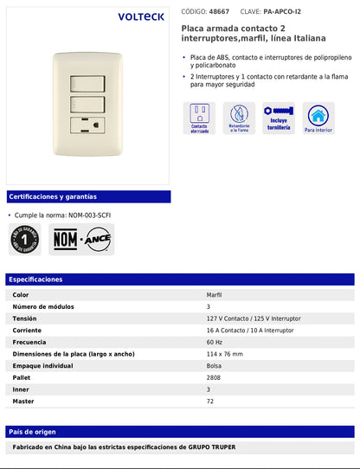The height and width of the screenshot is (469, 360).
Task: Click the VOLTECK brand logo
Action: click(141, 16)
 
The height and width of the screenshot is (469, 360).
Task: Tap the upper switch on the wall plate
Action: click(85, 84)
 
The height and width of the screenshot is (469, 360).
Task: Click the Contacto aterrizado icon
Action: click(199, 118)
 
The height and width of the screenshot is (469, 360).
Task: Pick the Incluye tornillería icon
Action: click(279, 118)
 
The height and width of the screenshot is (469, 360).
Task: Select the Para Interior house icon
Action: click(319, 118)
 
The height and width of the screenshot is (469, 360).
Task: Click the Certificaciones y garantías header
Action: click(52, 196)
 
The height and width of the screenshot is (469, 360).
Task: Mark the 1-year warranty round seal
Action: click(25, 239)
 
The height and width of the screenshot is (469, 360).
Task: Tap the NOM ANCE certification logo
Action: click(82, 239)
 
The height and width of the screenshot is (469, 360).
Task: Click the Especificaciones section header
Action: click(35, 279)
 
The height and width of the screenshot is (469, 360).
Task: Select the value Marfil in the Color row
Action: click(214, 295)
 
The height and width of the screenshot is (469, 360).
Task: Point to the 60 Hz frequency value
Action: click(214, 342)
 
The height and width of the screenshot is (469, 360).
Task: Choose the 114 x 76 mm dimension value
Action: click(225, 354)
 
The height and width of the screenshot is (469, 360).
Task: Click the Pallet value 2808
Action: click(215, 377)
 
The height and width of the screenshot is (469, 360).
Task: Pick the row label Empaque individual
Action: click(43, 365)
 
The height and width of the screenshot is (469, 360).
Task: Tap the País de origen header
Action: click(33, 431)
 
